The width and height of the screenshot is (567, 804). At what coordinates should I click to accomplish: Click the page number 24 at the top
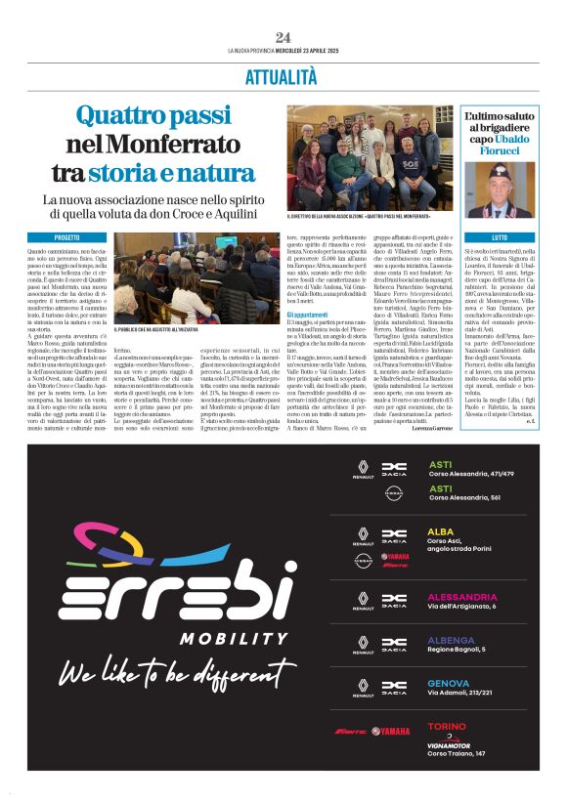tap(283, 37)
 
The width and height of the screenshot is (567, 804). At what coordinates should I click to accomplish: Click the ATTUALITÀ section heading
tap(282, 77)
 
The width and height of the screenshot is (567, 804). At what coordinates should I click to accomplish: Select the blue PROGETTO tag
tap(67, 237)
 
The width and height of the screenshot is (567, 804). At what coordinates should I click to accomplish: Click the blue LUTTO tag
tap(500, 237)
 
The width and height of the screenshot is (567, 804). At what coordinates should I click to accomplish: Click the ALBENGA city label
tap(451, 640)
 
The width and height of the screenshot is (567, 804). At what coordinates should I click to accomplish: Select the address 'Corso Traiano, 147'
tap(457, 753)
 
